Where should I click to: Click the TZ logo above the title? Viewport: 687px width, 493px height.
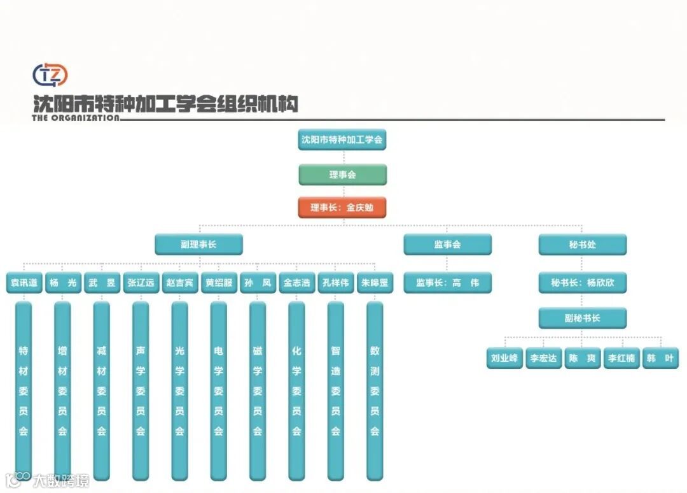[50, 75]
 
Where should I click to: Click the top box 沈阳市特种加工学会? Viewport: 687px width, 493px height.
[342, 139]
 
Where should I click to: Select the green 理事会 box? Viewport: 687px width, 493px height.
[342, 175]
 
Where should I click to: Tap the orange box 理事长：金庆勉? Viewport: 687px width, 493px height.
[342, 208]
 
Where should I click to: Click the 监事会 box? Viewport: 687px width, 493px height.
[447, 245]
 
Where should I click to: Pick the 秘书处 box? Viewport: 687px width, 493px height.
[583, 245]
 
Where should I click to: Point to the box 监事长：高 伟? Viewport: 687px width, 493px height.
[447, 283]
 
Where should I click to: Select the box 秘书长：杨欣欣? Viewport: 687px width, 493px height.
[583, 283]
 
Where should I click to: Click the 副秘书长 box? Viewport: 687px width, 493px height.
[583, 318]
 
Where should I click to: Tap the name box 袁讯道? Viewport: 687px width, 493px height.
[24, 283]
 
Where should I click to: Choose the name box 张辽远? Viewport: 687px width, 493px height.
[141, 283]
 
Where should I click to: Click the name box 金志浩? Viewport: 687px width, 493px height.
[297, 283]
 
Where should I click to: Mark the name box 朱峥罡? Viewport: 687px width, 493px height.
[375, 283]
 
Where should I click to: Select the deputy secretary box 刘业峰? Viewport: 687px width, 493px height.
[504, 358]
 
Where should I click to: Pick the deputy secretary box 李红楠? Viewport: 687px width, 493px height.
[621, 358]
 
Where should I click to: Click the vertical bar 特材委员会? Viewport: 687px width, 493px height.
[24, 390]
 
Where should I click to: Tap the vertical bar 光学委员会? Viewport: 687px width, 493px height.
[180, 390]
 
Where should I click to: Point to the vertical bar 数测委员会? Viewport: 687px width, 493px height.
[375, 390]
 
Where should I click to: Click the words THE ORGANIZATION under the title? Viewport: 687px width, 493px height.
[75, 118]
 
